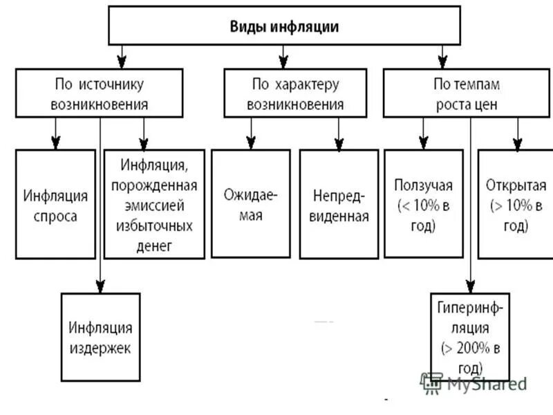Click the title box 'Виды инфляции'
point(284,26)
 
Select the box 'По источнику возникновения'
point(100,93)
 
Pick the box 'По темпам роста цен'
point(467,93)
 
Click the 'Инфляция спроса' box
point(55,205)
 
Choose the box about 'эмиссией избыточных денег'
point(154,205)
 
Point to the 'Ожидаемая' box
point(251,205)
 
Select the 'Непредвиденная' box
point(339,205)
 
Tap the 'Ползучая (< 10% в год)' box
point(424,205)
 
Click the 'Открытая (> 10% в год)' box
point(515,205)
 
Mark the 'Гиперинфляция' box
point(470,336)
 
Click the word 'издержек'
point(100,348)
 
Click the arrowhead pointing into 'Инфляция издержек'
point(100,286)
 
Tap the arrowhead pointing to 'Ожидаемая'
point(251,143)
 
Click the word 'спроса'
point(55,216)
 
